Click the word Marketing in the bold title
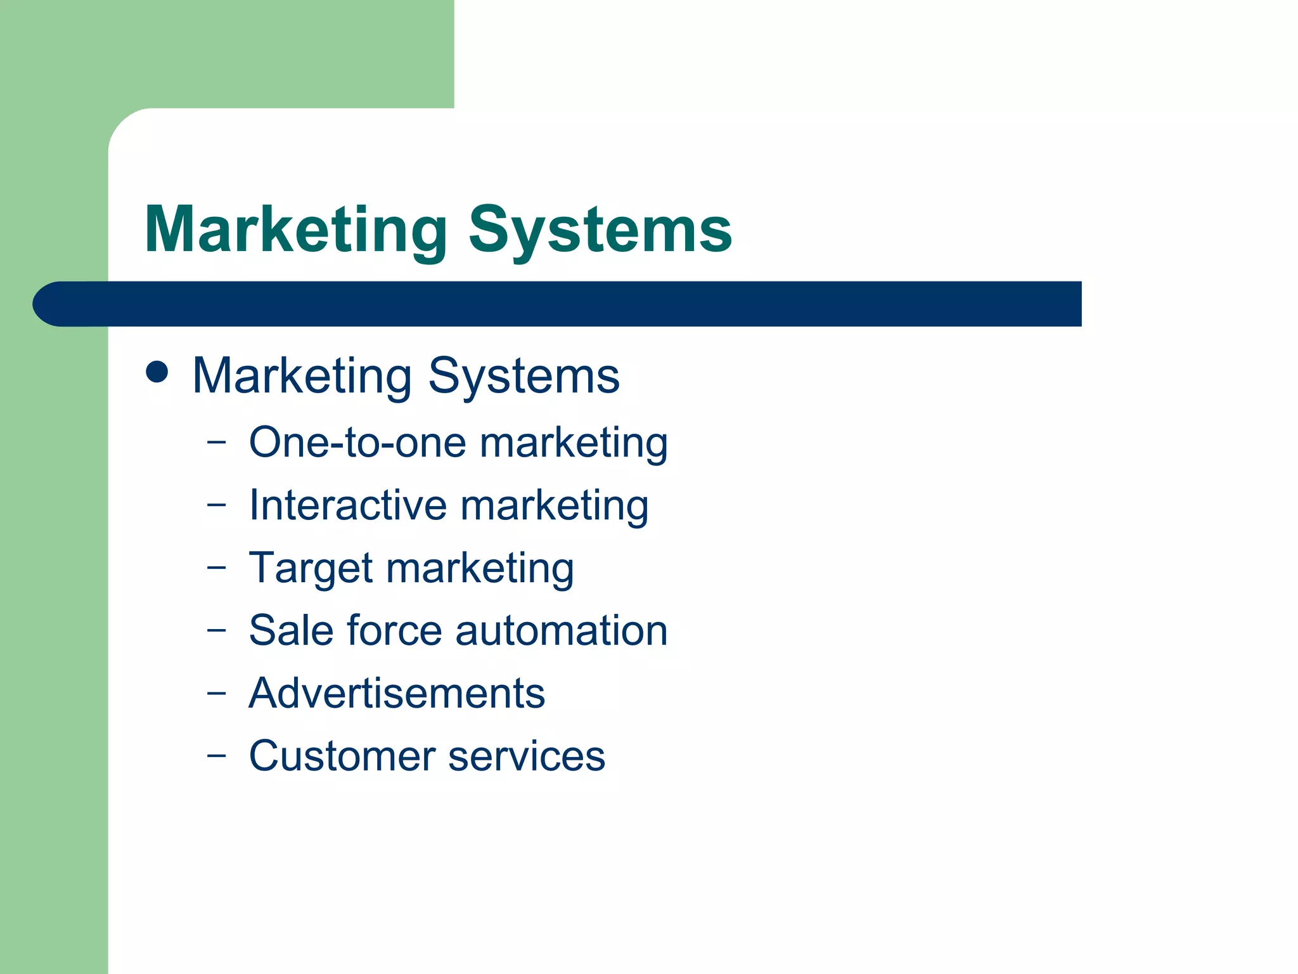point(296,231)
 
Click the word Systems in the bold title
point(600,231)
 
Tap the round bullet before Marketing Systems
point(157,372)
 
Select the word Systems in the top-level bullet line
point(524,377)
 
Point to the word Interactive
point(348,505)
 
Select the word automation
point(561,630)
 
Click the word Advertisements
point(397,693)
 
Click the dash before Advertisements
point(216,693)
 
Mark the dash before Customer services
point(216,755)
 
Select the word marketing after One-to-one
point(574,443)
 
